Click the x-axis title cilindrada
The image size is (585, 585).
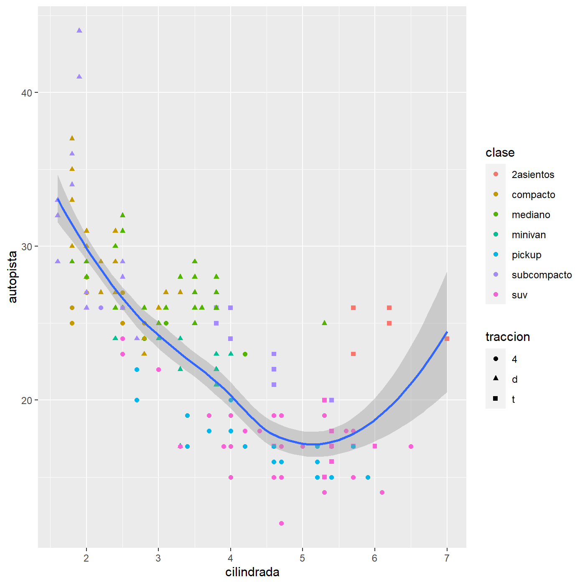(252, 572)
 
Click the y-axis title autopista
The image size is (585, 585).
(13, 277)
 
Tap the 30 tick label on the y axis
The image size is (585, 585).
(27, 247)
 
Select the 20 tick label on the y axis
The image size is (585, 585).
(27, 400)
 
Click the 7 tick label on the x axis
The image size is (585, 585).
(447, 558)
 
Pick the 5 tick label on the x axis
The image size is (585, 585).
(303, 558)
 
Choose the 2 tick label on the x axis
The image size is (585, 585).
(86, 558)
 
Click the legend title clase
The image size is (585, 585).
(500, 153)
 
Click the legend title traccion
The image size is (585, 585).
(508, 337)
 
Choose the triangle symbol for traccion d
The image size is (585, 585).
(496, 378)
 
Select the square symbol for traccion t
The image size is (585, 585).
(496, 399)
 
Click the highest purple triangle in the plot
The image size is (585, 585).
(79, 31)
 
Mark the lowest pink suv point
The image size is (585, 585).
(281, 524)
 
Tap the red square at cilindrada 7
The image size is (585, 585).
(447, 339)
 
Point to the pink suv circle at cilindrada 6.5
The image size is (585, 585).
(411, 447)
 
